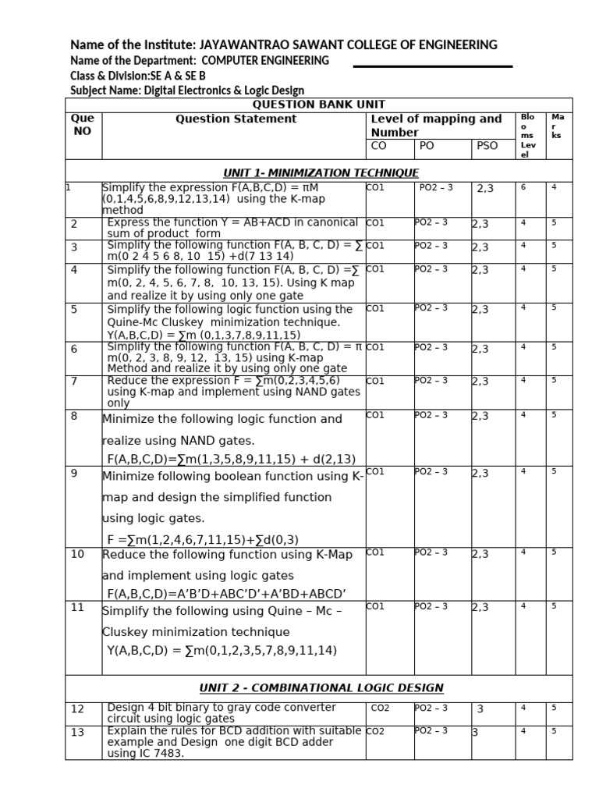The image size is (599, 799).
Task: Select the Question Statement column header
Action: point(236,119)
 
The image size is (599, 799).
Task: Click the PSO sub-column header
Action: point(487,146)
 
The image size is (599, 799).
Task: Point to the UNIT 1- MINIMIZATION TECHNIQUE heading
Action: point(321,172)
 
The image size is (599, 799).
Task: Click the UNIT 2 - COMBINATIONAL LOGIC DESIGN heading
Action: point(321,688)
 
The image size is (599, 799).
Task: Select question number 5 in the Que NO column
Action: point(74,309)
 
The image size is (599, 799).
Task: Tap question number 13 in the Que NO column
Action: point(77,732)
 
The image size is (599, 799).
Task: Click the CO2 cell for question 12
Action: point(381,708)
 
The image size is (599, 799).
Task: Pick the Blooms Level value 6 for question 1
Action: point(523,187)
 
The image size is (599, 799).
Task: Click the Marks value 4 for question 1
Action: point(554,187)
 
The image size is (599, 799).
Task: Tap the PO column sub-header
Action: point(427,146)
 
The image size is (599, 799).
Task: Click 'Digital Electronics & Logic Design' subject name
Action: point(224,91)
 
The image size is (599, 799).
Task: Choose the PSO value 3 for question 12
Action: point(480,709)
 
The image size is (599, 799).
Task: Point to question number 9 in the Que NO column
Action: point(74,473)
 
